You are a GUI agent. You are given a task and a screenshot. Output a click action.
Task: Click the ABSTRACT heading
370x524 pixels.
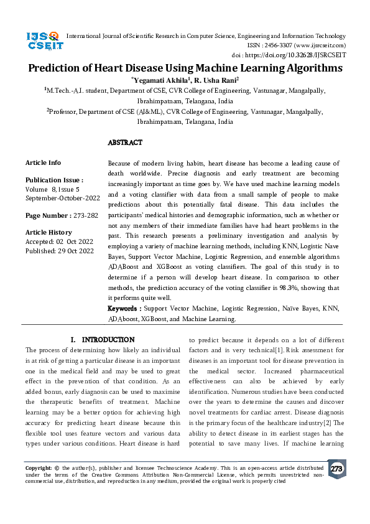pyautogui.click(x=125, y=143)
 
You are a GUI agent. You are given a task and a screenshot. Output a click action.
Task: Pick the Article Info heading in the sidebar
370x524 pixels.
pyautogui.click(x=43, y=162)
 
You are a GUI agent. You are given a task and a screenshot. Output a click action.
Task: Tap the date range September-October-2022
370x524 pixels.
pyautogui.click(x=62, y=198)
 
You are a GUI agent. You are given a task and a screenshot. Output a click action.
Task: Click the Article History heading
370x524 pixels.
pyautogui.click(x=50, y=233)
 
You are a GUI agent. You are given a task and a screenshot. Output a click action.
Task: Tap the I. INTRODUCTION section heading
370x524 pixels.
pyautogui.click(x=103, y=340)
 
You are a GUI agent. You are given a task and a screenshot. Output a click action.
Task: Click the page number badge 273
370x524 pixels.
pyautogui.click(x=336, y=469)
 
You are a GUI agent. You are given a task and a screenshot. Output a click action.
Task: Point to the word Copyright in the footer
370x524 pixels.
pyautogui.click(x=38, y=467)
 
